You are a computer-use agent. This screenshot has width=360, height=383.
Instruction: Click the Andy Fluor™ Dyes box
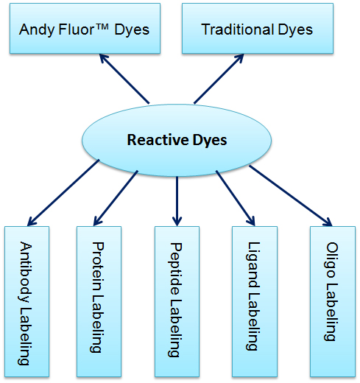(85, 28)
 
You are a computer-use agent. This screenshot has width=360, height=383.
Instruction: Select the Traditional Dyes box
(258, 28)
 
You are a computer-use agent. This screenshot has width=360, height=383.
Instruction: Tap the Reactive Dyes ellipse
(177, 140)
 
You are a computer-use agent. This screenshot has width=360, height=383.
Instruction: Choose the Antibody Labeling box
(27, 301)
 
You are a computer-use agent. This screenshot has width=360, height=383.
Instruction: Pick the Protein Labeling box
(99, 301)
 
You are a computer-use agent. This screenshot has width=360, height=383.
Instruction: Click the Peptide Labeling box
(177, 301)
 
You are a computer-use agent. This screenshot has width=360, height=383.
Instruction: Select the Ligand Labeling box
(255, 301)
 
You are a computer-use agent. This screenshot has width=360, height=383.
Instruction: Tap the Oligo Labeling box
(333, 301)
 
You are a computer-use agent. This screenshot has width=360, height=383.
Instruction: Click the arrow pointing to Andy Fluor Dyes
(124, 79)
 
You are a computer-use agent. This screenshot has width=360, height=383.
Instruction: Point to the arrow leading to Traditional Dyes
(219, 79)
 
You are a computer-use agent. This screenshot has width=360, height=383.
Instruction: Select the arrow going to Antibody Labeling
(63, 193)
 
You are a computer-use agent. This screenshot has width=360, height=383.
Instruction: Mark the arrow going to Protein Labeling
(116, 198)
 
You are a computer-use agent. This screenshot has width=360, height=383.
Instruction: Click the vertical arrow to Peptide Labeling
(177, 201)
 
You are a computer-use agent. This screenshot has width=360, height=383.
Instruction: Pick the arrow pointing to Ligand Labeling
(236, 198)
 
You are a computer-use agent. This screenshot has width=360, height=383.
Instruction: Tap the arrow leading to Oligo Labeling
(291, 196)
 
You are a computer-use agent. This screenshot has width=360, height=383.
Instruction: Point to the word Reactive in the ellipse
(158, 140)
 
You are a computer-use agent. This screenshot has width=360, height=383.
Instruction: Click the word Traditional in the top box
(238, 29)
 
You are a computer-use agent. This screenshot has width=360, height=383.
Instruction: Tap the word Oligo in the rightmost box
(332, 260)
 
